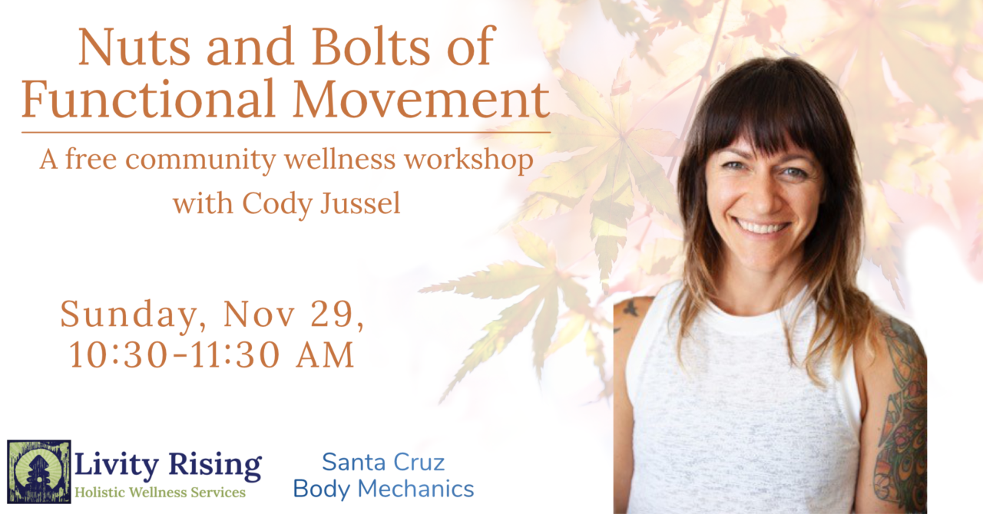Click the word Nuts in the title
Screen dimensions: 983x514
click(134, 47)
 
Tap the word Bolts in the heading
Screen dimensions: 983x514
click(371, 45)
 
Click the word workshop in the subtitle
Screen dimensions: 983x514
click(468, 160)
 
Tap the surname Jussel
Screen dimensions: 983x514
click(360, 203)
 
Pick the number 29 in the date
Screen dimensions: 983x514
click(336, 315)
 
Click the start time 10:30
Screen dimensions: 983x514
click(118, 354)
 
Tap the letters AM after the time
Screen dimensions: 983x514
click(325, 354)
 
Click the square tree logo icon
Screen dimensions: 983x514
click(39, 472)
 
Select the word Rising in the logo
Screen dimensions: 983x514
click(215, 466)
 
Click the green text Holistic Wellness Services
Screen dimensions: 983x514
click(161, 493)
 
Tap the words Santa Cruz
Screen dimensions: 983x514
click(383, 463)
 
